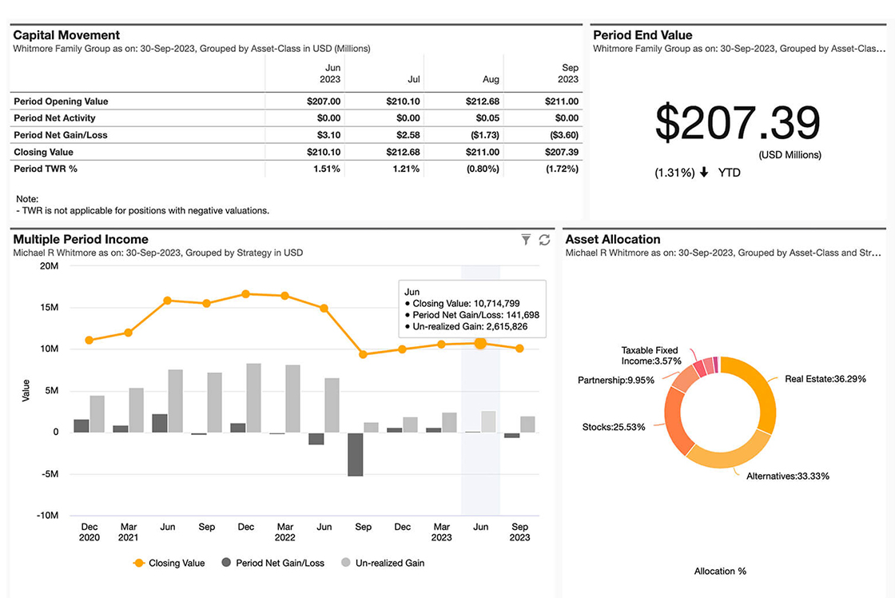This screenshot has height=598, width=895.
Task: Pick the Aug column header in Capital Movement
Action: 491,79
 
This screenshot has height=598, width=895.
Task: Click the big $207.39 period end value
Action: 738,124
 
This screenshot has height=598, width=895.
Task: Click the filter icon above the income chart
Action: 526,239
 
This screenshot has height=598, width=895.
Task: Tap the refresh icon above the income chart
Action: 545,239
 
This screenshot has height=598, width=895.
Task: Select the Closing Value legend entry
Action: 169,563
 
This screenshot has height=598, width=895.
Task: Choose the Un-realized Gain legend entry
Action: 383,563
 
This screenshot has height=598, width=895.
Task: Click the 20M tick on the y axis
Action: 48,265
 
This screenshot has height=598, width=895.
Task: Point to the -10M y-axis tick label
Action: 46,516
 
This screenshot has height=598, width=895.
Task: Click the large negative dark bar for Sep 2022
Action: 355,453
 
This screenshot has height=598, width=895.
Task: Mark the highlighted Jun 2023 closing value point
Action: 480,343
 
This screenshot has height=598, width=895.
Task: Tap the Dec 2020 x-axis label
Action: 89,532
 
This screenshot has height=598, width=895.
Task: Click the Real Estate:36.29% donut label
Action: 825,379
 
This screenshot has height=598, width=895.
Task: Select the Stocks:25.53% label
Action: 614,427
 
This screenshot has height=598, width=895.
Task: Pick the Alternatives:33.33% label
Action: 787,476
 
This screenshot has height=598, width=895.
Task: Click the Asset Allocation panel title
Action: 613,239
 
